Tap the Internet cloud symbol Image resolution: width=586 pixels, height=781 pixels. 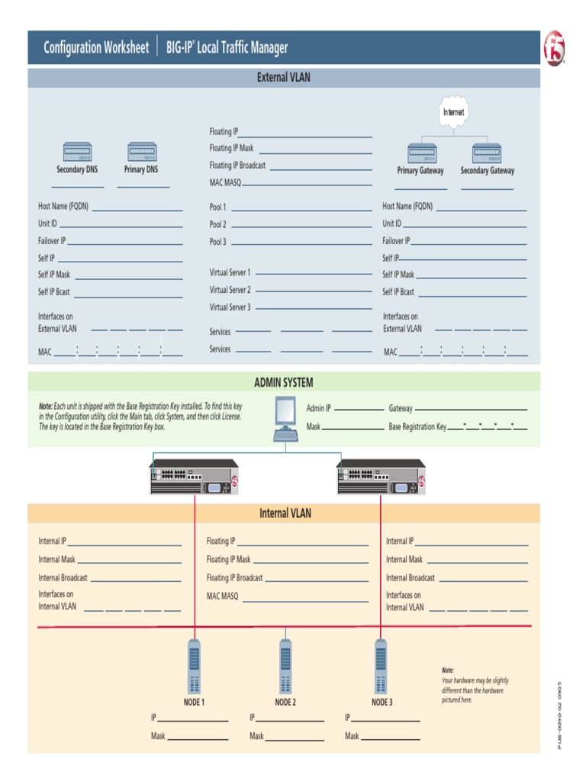tap(453, 112)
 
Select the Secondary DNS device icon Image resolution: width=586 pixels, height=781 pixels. tap(76, 151)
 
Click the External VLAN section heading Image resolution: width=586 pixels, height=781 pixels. tap(284, 78)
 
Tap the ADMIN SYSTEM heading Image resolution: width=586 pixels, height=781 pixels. tap(284, 382)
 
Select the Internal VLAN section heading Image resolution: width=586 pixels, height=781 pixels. tap(285, 513)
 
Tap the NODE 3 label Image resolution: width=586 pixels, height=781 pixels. tap(382, 702)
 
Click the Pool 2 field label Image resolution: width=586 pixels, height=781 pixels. tap(218, 224)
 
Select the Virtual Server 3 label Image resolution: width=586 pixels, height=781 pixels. tap(230, 307)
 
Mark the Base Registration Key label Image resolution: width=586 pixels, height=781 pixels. tap(417, 427)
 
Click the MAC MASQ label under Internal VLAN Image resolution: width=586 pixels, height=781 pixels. tap(223, 596)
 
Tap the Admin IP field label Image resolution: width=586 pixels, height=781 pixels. tap(318, 409)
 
